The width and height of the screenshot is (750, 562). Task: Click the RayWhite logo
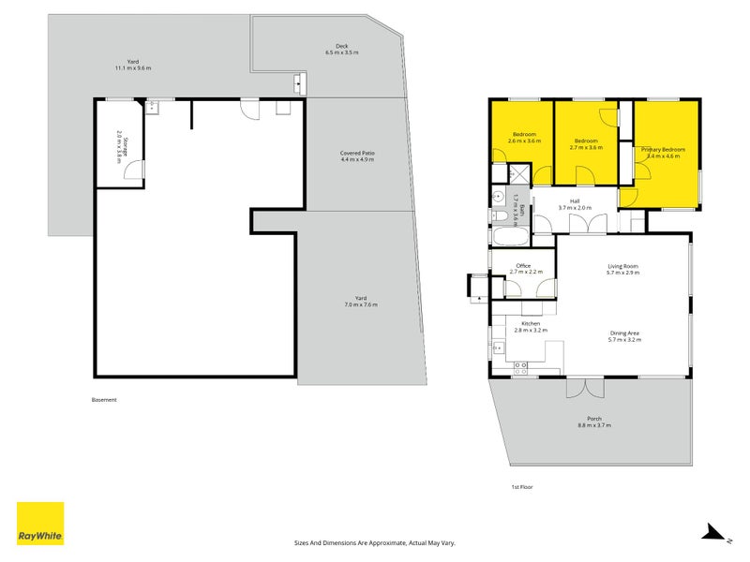click(x=40, y=524)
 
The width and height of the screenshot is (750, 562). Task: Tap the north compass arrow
click(x=713, y=533)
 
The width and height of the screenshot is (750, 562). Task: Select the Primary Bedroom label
click(x=663, y=149)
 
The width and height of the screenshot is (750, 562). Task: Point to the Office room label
click(x=522, y=266)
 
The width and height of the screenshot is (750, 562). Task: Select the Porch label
click(x=594, y=419)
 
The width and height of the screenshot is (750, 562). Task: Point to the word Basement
click(x=104, y=400)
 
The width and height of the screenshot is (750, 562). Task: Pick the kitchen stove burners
click(x=498, y=348)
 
